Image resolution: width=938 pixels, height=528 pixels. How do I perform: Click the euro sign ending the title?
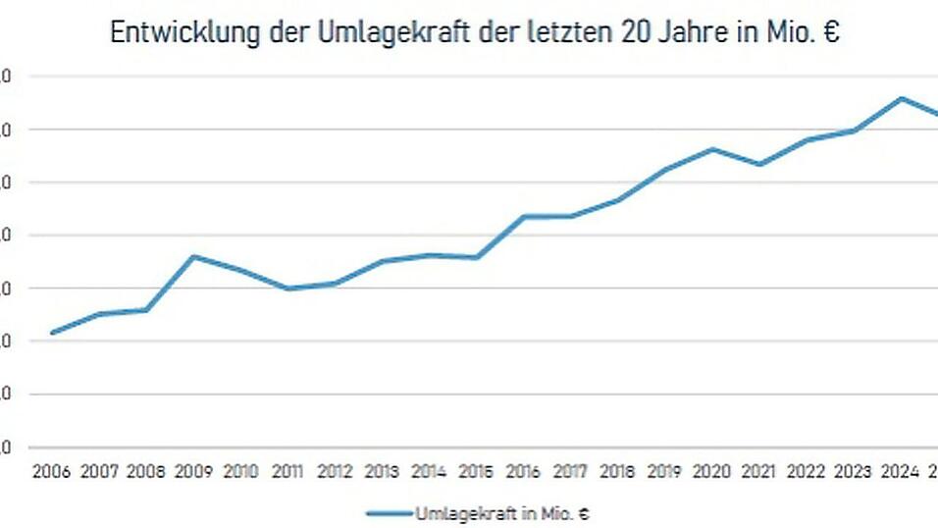coord(832,32)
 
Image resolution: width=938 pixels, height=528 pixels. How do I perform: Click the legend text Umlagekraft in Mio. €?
coord(501,513)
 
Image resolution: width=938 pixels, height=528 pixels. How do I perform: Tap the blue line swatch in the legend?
coord(390,513)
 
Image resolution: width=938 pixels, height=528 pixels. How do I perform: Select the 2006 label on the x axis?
coord(52,472)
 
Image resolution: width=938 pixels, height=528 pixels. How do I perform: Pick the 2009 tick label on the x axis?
coord(193,472)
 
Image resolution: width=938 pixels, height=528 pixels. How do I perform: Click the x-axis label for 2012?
coord(335,472)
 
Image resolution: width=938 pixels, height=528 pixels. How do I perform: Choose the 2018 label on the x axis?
coord(617,472)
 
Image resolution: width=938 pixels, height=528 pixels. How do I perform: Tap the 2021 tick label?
coord(758,472)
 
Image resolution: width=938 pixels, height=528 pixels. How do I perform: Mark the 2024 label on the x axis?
coord(900,472)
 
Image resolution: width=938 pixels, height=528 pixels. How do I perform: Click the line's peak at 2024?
coord(900,98)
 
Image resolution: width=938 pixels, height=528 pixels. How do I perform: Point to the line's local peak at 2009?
coord(193,256)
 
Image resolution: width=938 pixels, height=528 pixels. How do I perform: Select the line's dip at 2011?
coord(287,289)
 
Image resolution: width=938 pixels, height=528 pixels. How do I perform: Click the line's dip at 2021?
coord(758,164)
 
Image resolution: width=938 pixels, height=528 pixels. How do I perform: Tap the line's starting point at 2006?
coord(52,333)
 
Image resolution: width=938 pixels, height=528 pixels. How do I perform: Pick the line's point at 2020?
coord(711,149)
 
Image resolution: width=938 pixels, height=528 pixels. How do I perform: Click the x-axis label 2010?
coord(240,472)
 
